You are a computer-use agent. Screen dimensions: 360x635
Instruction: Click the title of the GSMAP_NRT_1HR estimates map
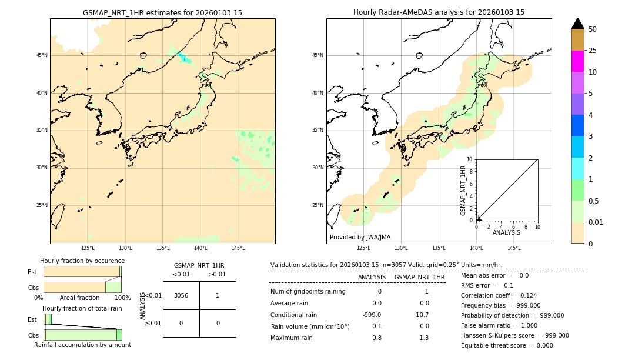[x=162, y=12]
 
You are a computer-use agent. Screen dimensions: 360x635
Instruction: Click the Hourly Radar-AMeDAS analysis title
[x=439, y=12]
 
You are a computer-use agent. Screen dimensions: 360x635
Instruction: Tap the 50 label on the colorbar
[x=593, y=29]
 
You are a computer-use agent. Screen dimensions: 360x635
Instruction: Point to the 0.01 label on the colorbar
[x=596, y=222]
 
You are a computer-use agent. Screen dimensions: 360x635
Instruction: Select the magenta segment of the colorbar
[x=577, y=61]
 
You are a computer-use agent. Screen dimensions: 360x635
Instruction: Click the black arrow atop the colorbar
[x=577, y=24]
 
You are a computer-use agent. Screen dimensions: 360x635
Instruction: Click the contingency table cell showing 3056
[x=181, y=295]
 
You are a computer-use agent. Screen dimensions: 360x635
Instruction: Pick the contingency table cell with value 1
[x=218, y=295]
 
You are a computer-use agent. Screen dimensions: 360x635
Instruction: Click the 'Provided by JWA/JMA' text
[x=360, y=237]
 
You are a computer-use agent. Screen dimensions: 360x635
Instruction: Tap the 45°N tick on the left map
[x=42, y=55]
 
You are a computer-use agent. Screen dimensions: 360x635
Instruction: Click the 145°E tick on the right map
[x=514, y=248]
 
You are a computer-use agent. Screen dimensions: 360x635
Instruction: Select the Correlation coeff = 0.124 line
[x=499, y=295]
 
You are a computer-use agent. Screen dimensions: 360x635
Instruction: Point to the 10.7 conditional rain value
[x=423, y=315]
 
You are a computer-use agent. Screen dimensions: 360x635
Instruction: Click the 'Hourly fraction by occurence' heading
[x=82, y=261]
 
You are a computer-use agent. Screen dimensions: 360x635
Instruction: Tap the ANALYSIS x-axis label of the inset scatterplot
[x=506, y=232]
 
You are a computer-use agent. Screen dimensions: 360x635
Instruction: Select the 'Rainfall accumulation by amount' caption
[x=82, y=345]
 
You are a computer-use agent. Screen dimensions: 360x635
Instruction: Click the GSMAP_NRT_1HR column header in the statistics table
[x=419, y=277]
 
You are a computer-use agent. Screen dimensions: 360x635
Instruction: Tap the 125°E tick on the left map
[x=88, y=248]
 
